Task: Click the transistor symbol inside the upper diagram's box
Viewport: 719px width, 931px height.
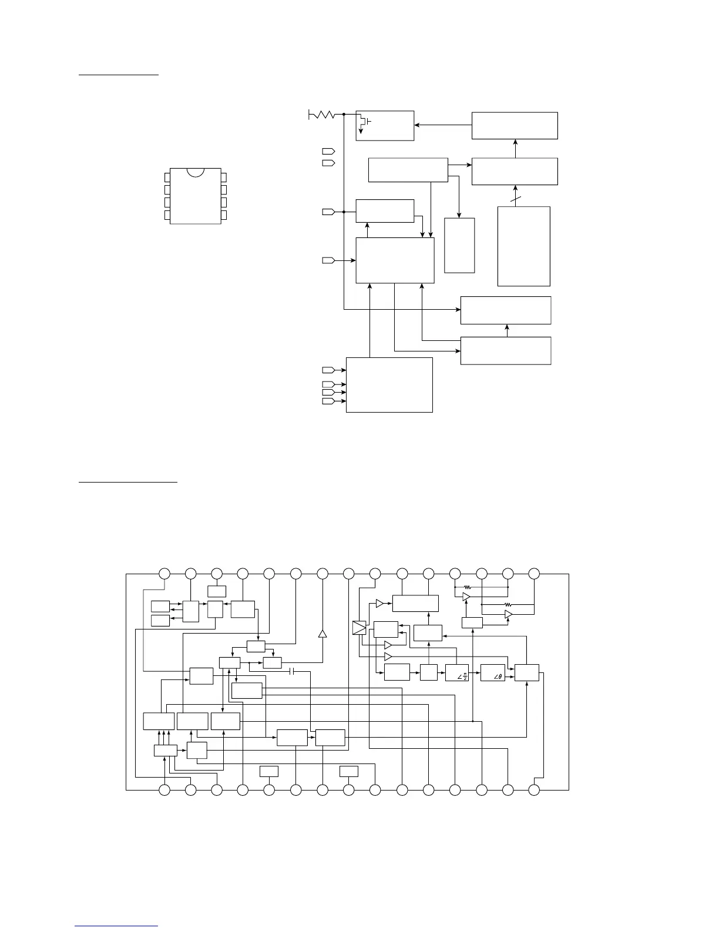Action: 364,122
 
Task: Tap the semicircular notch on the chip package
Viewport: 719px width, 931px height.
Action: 196,172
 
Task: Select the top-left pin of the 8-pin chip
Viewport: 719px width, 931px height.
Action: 167,178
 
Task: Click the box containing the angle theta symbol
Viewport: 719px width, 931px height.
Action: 493,672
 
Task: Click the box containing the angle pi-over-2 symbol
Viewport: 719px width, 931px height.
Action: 457,672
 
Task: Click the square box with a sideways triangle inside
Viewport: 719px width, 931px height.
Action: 359,628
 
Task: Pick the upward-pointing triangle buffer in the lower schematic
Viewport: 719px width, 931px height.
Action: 322,634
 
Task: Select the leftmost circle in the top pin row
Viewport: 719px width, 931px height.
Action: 164,573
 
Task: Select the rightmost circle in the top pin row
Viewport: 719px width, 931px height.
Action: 534,573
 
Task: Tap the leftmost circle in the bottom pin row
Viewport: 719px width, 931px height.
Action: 164,791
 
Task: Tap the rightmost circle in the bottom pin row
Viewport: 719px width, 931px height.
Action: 534,791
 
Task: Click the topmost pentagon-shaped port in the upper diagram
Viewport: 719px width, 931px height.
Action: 328,152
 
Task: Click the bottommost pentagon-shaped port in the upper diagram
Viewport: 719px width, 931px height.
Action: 328,401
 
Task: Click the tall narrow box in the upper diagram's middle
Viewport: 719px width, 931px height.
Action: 459,245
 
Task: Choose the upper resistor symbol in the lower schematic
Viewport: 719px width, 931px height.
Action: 468,587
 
